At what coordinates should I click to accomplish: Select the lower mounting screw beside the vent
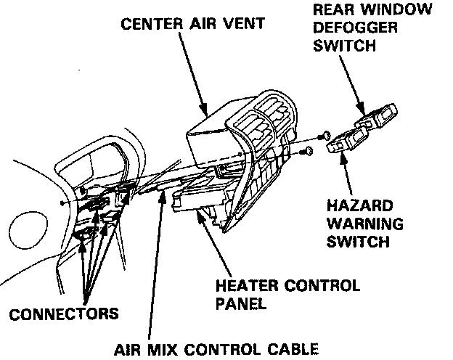coord(309,150)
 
